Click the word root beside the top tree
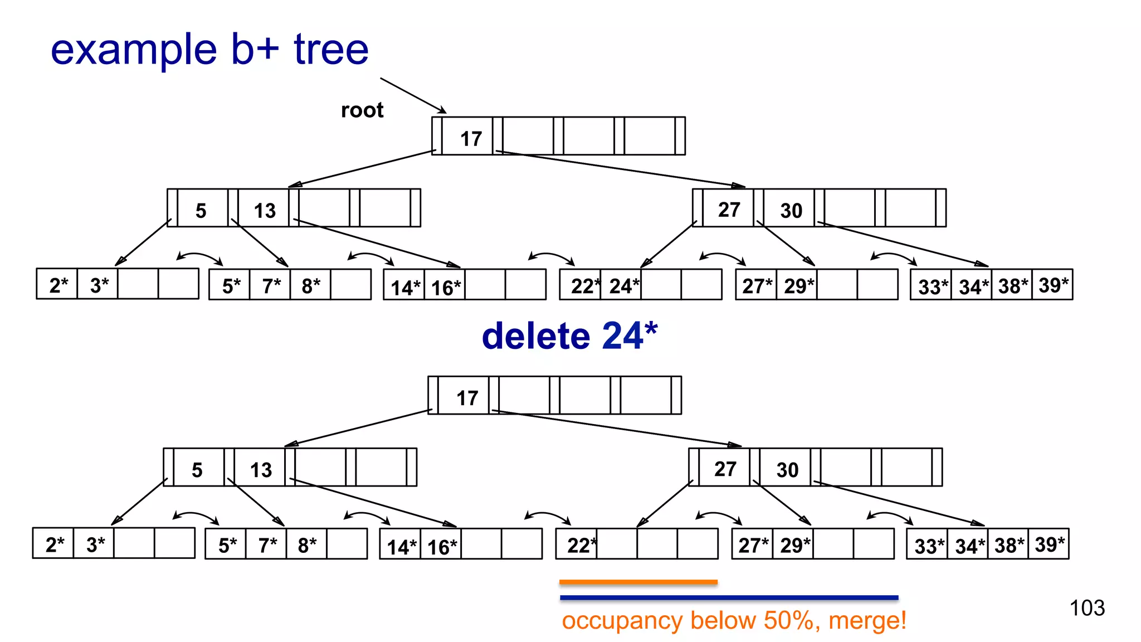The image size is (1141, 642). pyautogui.click(x=362, y=110)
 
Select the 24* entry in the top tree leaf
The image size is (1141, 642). pyautogui.click(x=623, y=286)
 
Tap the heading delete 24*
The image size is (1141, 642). pyautogui.click(x=569, y=336)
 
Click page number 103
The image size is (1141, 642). pyautogui.click(x=1086, y=607)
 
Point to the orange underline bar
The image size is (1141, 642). pyautogui.click(x=638, y=582)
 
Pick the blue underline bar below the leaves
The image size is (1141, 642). pyautogui.click(x=729, y=597)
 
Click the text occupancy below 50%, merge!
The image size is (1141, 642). pyautogui.click(x=734, y=620)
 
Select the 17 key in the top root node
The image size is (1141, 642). pyautogui.click(x=471, y=138)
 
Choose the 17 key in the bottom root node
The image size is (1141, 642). pyautogui.click(x=467, y=398)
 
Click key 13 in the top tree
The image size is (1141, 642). pyautogui.click(x=265, y=211)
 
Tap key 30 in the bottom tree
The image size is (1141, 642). pyautogui.click(x=787, y=470)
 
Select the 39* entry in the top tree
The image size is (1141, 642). pyautogui.click(x=1053, y=285)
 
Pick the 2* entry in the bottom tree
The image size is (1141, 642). pyautogui.click(x=55, y=544)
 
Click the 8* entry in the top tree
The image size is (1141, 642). pyautogui.click(x=310, y=286)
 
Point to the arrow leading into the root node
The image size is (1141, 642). pyautogui.click(x=413, y=95)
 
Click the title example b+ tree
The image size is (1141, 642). pyautogui.click(x=209, y=49)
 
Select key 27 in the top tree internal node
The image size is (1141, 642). pyautogui.click(x=729, y=210)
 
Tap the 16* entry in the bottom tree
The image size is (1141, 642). pyautogui.click(x=442, y=547)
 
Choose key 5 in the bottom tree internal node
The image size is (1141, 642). pyautogui.click(x=197, y=470)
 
